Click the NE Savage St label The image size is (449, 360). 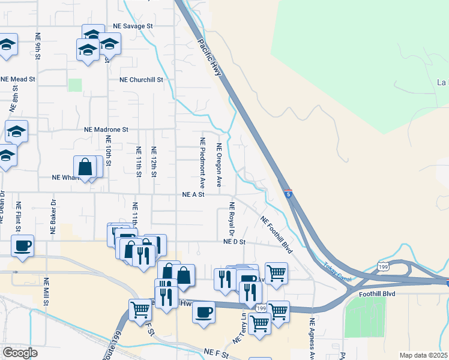click(133, 26)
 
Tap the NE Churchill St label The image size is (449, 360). click(141, 79)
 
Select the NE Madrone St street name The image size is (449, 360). click(106, 129)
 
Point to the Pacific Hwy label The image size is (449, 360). click(209, 58)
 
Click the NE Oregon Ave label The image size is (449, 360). click(220, 164)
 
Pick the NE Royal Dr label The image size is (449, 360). click(231, 218)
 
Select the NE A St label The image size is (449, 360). click(194, 194)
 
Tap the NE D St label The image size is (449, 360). click(235, 242)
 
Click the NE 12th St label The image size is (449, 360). click(154, 161)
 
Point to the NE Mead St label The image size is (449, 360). click(18, 79)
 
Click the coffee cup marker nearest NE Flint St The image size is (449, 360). click(22, 246)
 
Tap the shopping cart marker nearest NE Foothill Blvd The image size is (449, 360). click(276, 273)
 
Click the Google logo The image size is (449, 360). click(20, 353)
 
